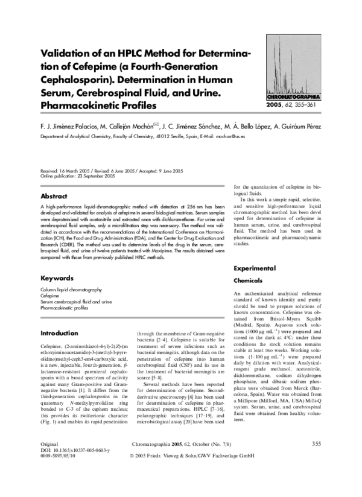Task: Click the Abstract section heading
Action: [54, 196]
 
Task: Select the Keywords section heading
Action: [57, 279]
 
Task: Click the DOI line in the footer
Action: [71, 467]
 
